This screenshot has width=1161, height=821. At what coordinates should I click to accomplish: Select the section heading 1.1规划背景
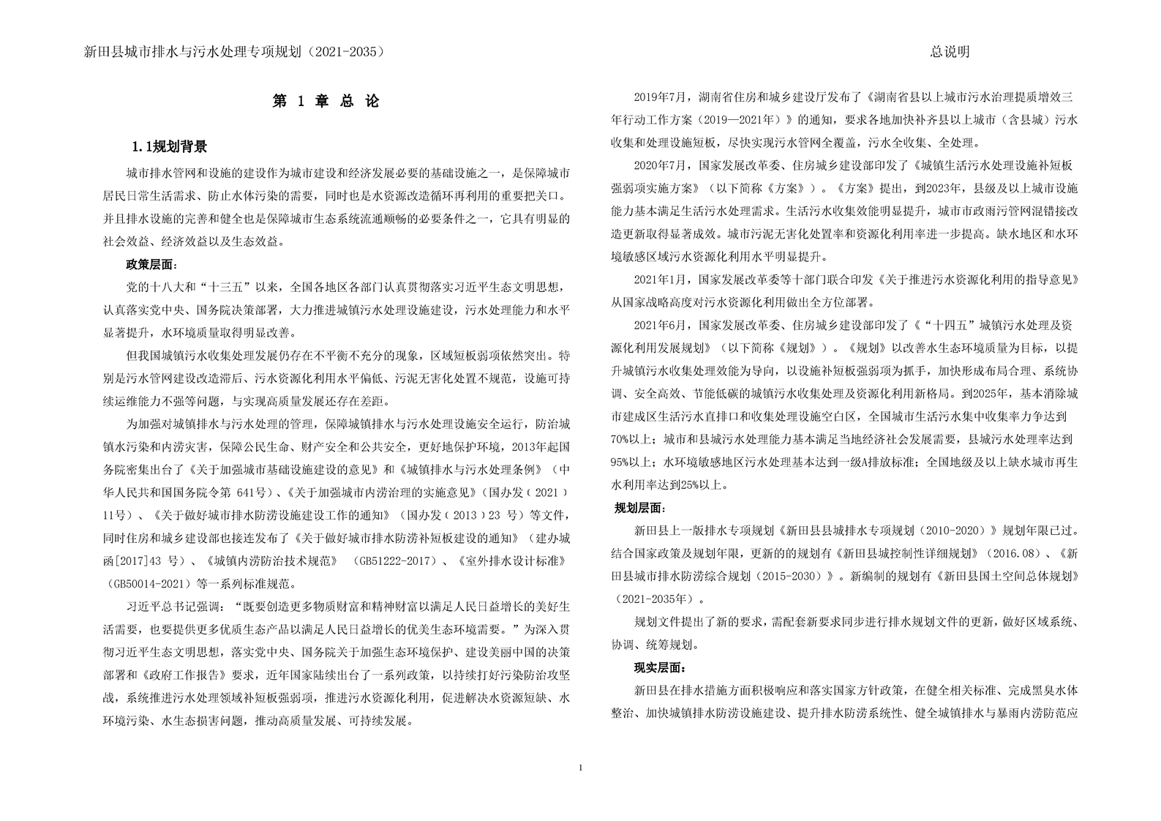[x=170, y=147]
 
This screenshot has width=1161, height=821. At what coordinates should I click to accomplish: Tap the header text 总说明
[x=950, y=51]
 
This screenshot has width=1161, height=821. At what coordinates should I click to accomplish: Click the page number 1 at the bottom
[x=581, y=768]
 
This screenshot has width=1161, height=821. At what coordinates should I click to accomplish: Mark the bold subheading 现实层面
[x=659, y=667]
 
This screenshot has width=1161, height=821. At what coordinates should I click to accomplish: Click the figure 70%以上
[x=634, y=439]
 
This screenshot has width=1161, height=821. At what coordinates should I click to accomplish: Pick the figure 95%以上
[x=634, y=462]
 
